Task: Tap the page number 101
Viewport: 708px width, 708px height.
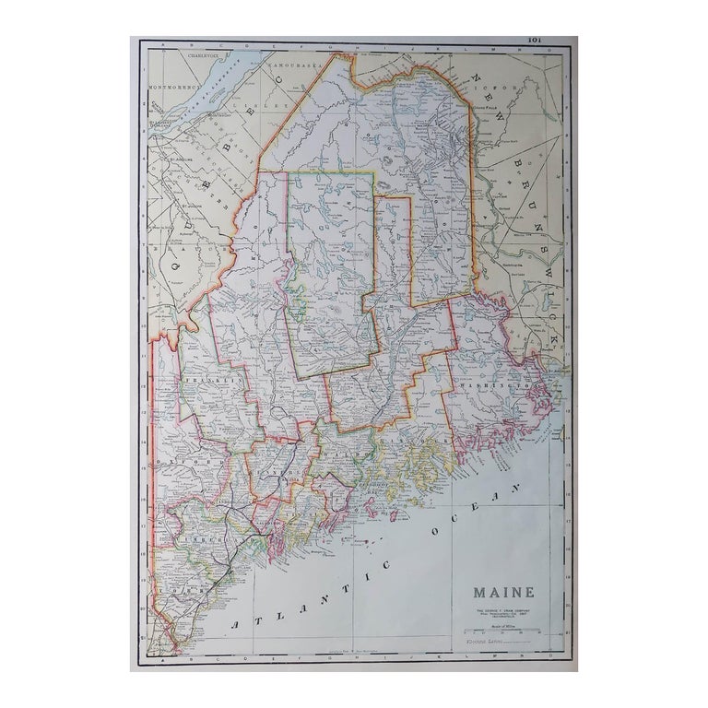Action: [535, 40]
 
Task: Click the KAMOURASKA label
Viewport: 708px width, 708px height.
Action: [289, 67]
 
